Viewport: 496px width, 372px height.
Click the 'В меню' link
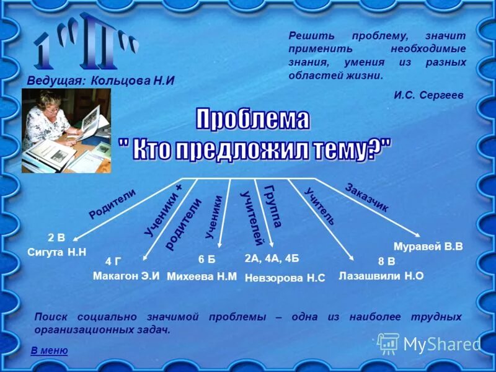(x=49, y=351)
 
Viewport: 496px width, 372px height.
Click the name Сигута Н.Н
(x=56, y=252)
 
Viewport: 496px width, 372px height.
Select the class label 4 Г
(x=113, y=261)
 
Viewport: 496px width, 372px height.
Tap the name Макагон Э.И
(x=126, y=276)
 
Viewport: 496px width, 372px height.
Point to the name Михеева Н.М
(x=202, y=277)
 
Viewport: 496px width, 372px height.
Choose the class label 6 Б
(x=206, y=259)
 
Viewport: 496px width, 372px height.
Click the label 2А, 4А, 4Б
(x=272, y=258)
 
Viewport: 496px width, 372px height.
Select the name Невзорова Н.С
(x=285, y=278)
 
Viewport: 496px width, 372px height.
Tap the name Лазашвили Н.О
(x=381, y=277)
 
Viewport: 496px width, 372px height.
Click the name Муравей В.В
(x=428, y=246)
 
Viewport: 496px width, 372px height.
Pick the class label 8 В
(x=386, y=261)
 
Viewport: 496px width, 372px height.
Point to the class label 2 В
(x=56, y=237)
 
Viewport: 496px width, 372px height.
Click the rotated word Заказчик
(x=366, y=198)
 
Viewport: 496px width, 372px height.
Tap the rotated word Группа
(x=273, y=206)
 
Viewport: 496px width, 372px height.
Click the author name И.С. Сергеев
(x=428, y=95)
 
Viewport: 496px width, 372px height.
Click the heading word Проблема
(x=253, y=119)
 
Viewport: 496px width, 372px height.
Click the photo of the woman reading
(x=66, y=130)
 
